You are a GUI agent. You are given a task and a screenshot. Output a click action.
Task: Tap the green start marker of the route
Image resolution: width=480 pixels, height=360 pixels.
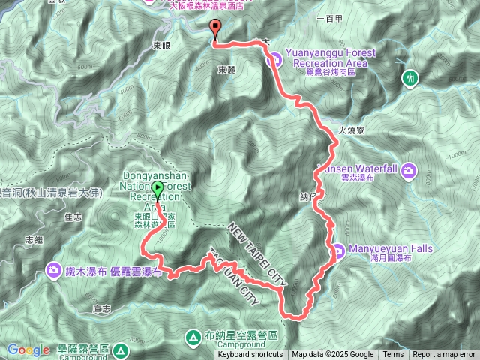tap(157, 189)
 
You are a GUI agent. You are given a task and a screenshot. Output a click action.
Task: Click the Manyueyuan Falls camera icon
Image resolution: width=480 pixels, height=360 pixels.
tap(337, 250)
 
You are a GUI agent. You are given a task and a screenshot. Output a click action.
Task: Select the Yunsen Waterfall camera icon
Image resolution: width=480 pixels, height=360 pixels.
tap(409, 170)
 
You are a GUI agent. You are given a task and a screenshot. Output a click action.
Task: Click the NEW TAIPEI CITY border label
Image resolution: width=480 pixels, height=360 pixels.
tap(258, 254)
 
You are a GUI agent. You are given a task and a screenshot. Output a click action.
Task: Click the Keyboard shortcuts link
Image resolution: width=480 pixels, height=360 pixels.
tap(250, 355)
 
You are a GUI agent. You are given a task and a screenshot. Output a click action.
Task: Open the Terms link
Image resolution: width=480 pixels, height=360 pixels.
tap(393, 355)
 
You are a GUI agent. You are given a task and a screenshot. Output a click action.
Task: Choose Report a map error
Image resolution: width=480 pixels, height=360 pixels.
tap(444, 355)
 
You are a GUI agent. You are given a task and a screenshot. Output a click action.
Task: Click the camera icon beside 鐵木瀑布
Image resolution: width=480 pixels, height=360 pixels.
tap(53, 268)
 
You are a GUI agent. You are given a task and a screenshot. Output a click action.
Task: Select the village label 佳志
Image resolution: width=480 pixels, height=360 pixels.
tap(73, 217)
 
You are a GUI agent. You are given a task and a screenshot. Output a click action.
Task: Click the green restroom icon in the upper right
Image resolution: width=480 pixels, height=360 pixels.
tap(410, 77)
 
